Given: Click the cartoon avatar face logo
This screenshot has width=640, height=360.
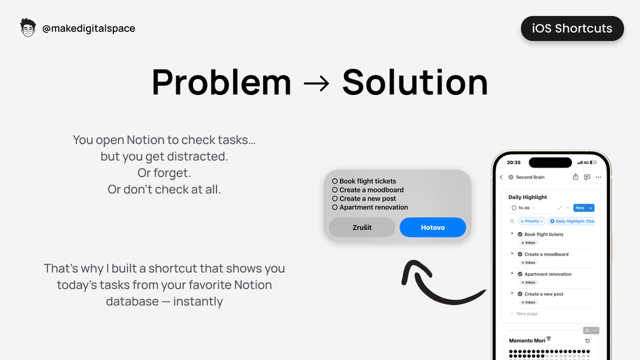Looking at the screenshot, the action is point(28,28).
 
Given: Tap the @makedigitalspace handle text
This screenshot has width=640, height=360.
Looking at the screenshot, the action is point(89,29).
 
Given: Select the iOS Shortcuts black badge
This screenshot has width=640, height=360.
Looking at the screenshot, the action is point(572,29).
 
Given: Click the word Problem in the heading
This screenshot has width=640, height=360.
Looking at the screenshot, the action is point(222,82).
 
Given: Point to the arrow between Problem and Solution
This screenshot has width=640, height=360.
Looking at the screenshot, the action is point(316,83).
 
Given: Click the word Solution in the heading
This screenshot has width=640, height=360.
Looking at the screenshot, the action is point(415,82).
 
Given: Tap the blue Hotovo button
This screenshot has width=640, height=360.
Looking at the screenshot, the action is point(432,227).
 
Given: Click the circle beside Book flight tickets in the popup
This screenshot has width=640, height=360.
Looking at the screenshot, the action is point(335,181).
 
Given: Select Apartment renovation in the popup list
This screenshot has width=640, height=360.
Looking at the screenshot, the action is point(373,207).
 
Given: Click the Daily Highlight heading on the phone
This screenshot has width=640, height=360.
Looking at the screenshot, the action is point(527,197).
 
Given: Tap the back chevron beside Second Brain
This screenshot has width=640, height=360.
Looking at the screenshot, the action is point(501,177).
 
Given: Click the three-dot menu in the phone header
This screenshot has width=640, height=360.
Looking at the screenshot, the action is point(599,177).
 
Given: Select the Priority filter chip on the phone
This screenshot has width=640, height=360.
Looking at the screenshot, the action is point(532,221).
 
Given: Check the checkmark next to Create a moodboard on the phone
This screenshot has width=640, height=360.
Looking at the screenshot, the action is point(520,254).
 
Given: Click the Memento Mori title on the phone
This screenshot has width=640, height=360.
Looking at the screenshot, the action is point(527,340).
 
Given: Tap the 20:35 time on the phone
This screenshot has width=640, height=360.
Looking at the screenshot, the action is point(513,162).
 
